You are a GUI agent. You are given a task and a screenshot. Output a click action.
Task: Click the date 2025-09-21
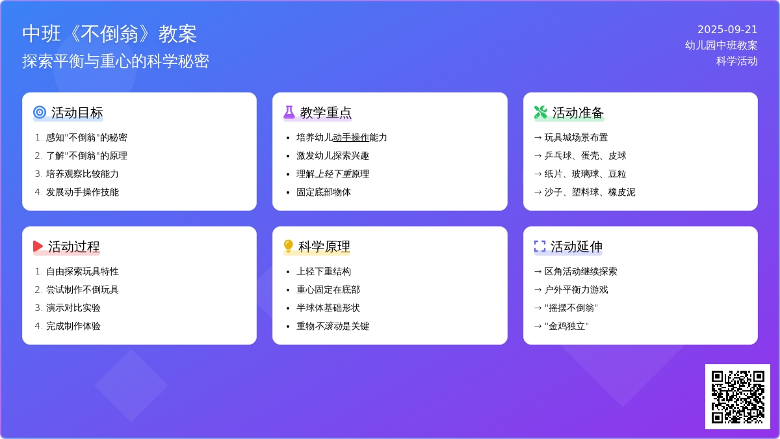727,29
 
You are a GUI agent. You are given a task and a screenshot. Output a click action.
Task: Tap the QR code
737,396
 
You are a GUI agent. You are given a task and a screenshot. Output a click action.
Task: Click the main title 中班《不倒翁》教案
109,34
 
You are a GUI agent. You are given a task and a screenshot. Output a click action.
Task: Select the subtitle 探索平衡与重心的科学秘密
116,61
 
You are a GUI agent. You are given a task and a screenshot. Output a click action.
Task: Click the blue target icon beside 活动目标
40,113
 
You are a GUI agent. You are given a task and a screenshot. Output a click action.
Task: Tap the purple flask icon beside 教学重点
289,113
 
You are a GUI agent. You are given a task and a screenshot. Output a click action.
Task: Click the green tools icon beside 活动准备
540,113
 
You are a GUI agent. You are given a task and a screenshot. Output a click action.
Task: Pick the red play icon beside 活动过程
38,246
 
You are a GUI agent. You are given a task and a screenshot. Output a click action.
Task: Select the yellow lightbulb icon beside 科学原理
289,246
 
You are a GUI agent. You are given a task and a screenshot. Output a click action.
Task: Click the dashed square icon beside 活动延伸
539,246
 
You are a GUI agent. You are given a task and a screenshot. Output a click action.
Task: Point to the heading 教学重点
326,113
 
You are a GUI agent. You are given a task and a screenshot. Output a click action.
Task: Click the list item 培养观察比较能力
82,174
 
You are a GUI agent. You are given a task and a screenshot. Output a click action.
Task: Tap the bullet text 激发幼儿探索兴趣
333,155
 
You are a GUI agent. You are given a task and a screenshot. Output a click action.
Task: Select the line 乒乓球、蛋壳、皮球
585,155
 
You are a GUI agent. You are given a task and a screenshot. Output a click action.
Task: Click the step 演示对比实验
73,308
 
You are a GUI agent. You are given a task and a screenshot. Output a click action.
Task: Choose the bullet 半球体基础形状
328,308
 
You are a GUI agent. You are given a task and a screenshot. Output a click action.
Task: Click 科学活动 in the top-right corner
737,61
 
